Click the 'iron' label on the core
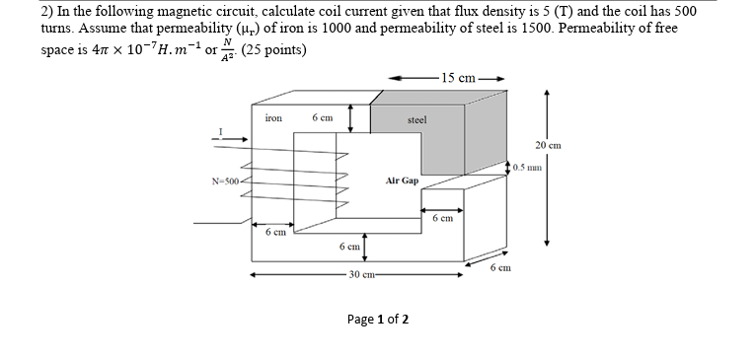[273, 118]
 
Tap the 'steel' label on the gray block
[416, 119]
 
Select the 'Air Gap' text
[402, 181]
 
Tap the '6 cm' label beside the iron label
[322, 118]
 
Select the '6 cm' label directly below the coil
[275, 232]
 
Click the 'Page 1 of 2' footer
[378, 320]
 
